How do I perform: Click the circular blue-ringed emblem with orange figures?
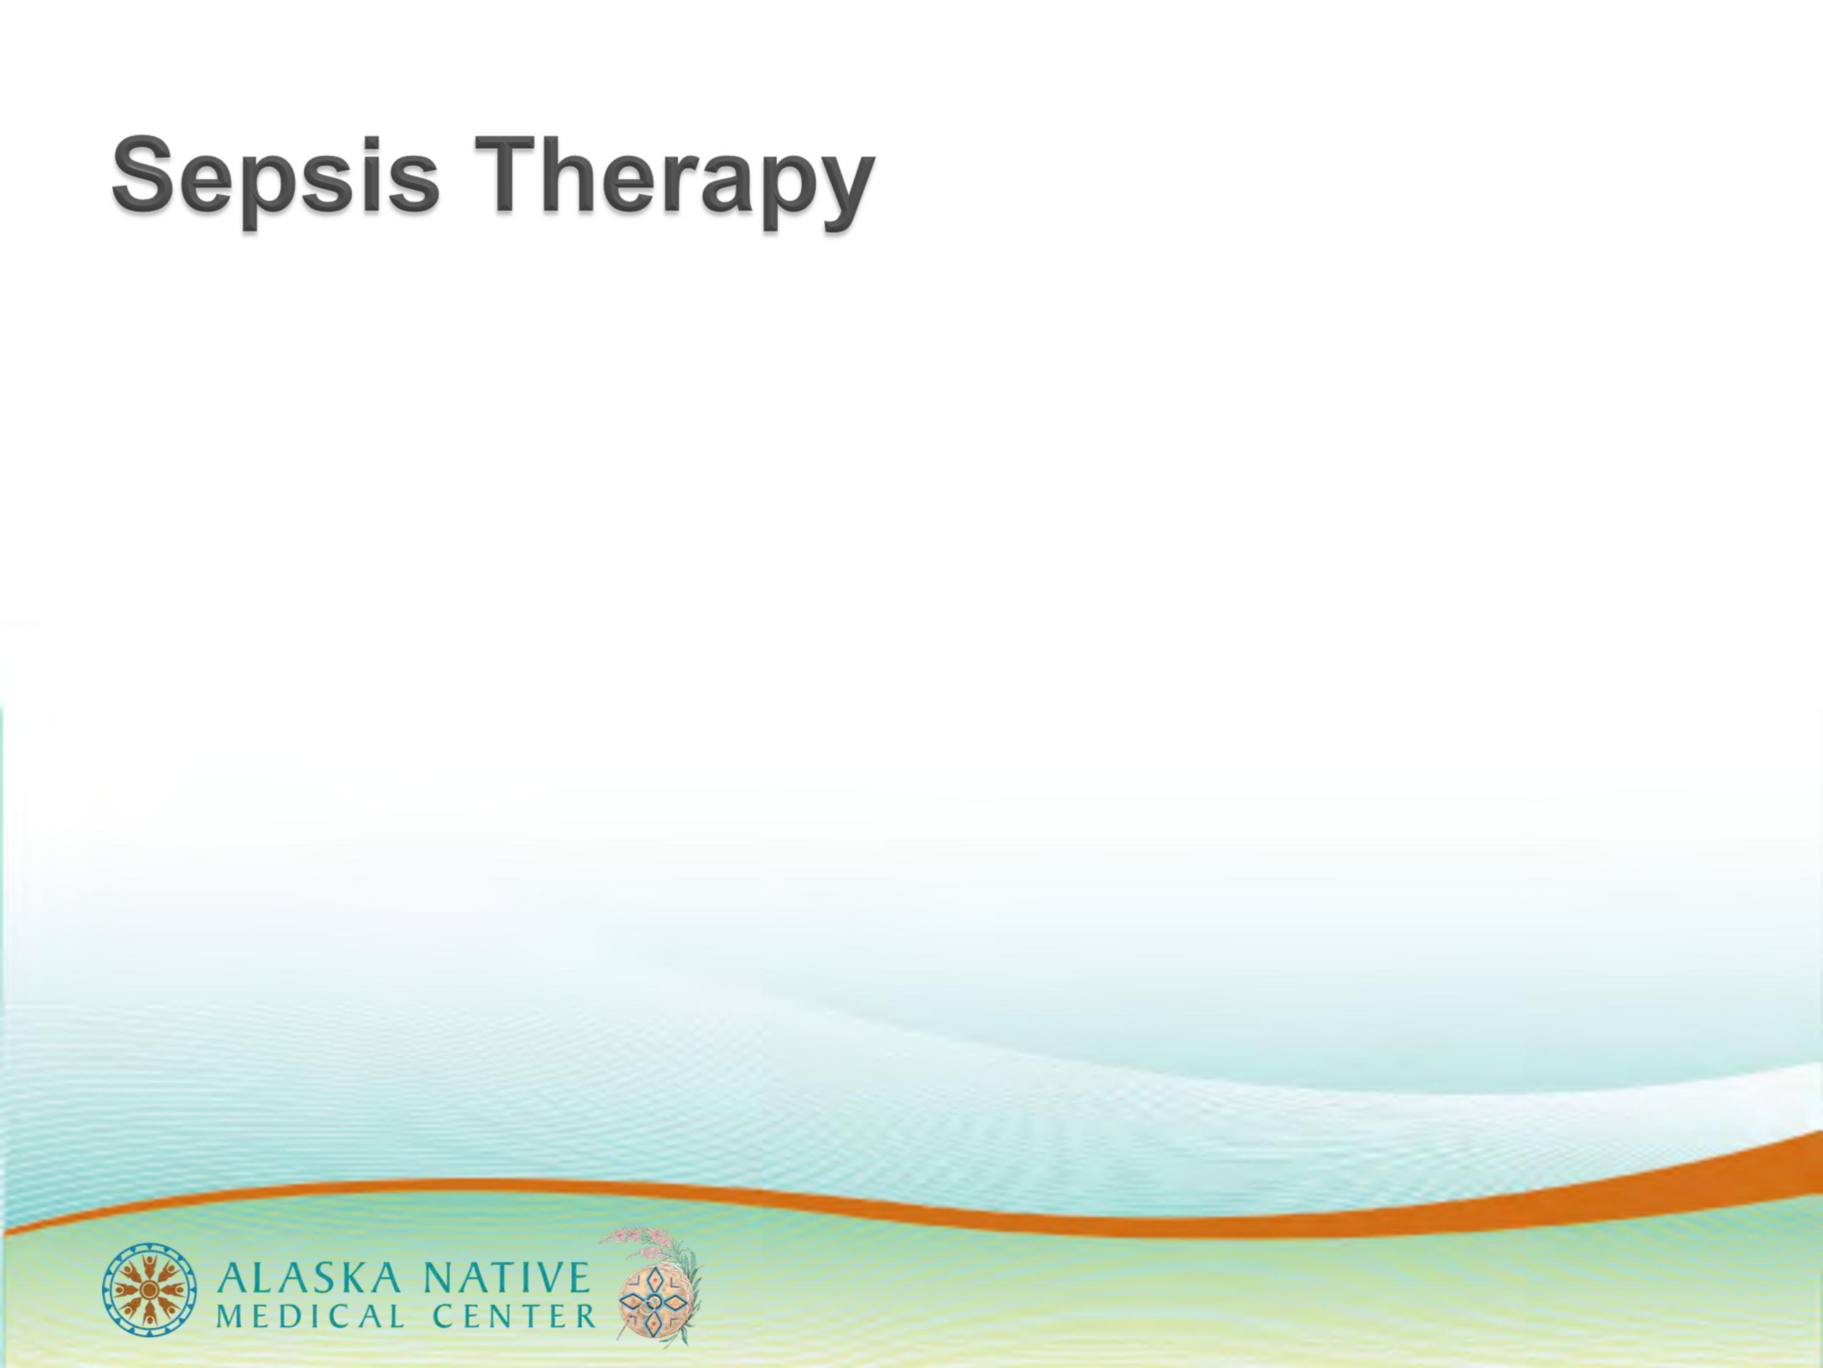click(x=151, y=1294)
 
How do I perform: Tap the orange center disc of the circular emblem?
click(x=151, y=1294)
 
